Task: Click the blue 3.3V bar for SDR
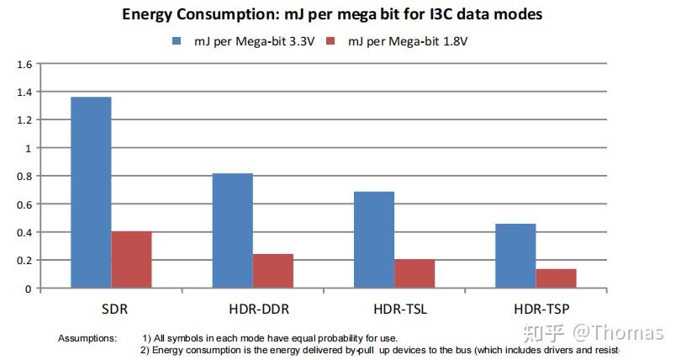(x=91, y=193)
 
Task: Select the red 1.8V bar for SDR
(x=131, y=260)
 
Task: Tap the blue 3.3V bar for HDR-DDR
(x=232, y=230)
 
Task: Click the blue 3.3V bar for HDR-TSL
(x=374, y=240)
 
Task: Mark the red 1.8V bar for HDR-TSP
(x=556, y=278)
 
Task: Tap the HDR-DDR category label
(x=253, y=309)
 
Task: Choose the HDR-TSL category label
(x=394, y=309)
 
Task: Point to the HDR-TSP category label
(x=536, y=309)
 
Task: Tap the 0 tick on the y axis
(x=28, y=289)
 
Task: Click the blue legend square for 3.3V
(x=177, y=40)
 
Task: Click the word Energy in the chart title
(x=149, y=14)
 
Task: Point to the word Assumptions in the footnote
(x=87, y=337)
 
